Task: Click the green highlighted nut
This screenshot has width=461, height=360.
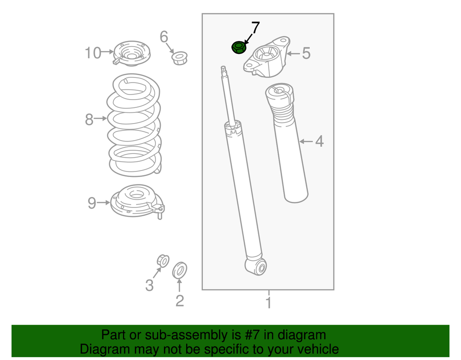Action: tap(238, 47)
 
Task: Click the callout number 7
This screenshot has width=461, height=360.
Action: tap(255, 28)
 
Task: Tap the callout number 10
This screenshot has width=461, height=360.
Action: tap(93, 53)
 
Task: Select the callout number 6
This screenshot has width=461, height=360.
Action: tap(164, 37)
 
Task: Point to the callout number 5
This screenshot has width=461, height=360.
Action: tap(306, 53)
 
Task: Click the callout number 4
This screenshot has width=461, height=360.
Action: tap(319, 142)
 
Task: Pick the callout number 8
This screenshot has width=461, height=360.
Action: tap(89, 119)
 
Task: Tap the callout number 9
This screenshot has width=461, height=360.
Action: tap(92, 203)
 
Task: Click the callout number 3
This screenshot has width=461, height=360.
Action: tap(149, 285)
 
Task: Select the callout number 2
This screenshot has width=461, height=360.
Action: tap(180, 301)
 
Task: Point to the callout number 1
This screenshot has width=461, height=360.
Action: tap(268, 303)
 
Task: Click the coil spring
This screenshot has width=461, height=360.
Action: tap(134, 125)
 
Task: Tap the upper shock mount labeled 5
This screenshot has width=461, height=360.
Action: tap(266, 57)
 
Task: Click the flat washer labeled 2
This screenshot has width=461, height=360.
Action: tap(180, 271)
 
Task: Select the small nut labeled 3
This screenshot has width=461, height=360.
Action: tap(163, 261)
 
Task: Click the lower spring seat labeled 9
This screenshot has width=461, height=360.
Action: tap(137, 201)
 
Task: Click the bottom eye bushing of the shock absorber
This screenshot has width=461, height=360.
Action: tap(260, 267)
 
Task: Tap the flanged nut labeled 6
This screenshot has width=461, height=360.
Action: tap(180, 58)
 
